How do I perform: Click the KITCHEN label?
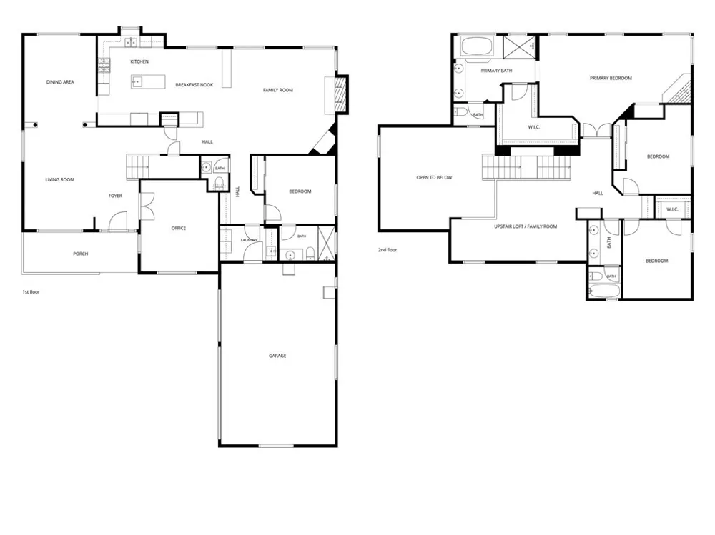point(139,61)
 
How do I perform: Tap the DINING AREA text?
point(60,82)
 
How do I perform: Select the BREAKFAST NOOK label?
point(194,85)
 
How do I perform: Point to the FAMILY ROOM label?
point(277,90)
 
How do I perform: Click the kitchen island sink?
point(137,82)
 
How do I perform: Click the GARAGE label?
point(277,356)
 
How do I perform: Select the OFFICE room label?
point(179,229)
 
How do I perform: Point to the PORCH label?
point(81,254)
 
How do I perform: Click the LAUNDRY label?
point(250,240)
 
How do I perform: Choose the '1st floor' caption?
point(31,292)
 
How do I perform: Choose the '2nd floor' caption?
point(388,250)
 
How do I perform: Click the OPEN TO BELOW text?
point(434,178)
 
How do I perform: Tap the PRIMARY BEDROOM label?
point(611,79)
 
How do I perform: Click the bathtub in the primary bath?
point(476,46)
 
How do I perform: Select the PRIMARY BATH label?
point(497,71)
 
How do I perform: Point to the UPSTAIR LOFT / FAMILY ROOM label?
point(526,226)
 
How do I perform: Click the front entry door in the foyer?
point(118,221)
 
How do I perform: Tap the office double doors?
point(147,206)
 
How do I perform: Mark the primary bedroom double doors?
point(596,130)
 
